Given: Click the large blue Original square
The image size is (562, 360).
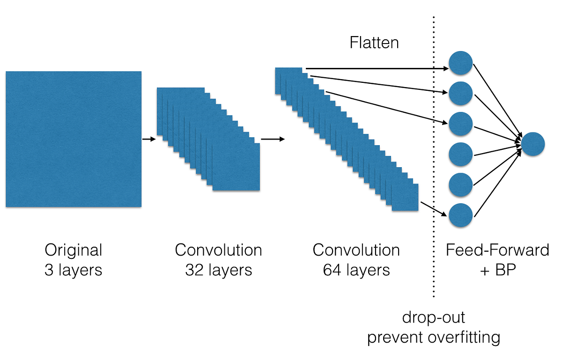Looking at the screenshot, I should point(73,139).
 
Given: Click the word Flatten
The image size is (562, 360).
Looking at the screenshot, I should point(374,43).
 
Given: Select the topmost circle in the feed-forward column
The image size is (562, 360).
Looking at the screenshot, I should point(460,63).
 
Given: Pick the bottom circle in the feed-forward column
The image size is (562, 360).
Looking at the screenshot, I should point(460,216).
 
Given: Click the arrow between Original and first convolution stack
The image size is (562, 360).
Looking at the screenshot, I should point(148,139).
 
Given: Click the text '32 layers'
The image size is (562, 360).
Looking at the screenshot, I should point(218,270).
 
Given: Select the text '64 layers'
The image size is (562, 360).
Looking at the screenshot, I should point(356,270).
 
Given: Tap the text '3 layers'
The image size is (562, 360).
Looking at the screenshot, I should point(73,270).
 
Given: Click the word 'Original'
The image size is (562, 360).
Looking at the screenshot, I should point(73,250).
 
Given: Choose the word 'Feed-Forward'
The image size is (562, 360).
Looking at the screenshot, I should point(497,250).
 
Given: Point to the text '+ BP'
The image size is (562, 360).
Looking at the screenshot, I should point(497,270).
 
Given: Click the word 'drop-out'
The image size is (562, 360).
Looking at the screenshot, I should point(434,317).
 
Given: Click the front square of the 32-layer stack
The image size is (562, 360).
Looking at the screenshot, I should point(236,167).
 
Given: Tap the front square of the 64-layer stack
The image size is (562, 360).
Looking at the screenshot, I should point(405,197).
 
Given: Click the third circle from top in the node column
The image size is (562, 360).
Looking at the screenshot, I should point(460,124).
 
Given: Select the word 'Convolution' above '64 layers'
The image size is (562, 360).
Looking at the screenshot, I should point(356,250).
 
